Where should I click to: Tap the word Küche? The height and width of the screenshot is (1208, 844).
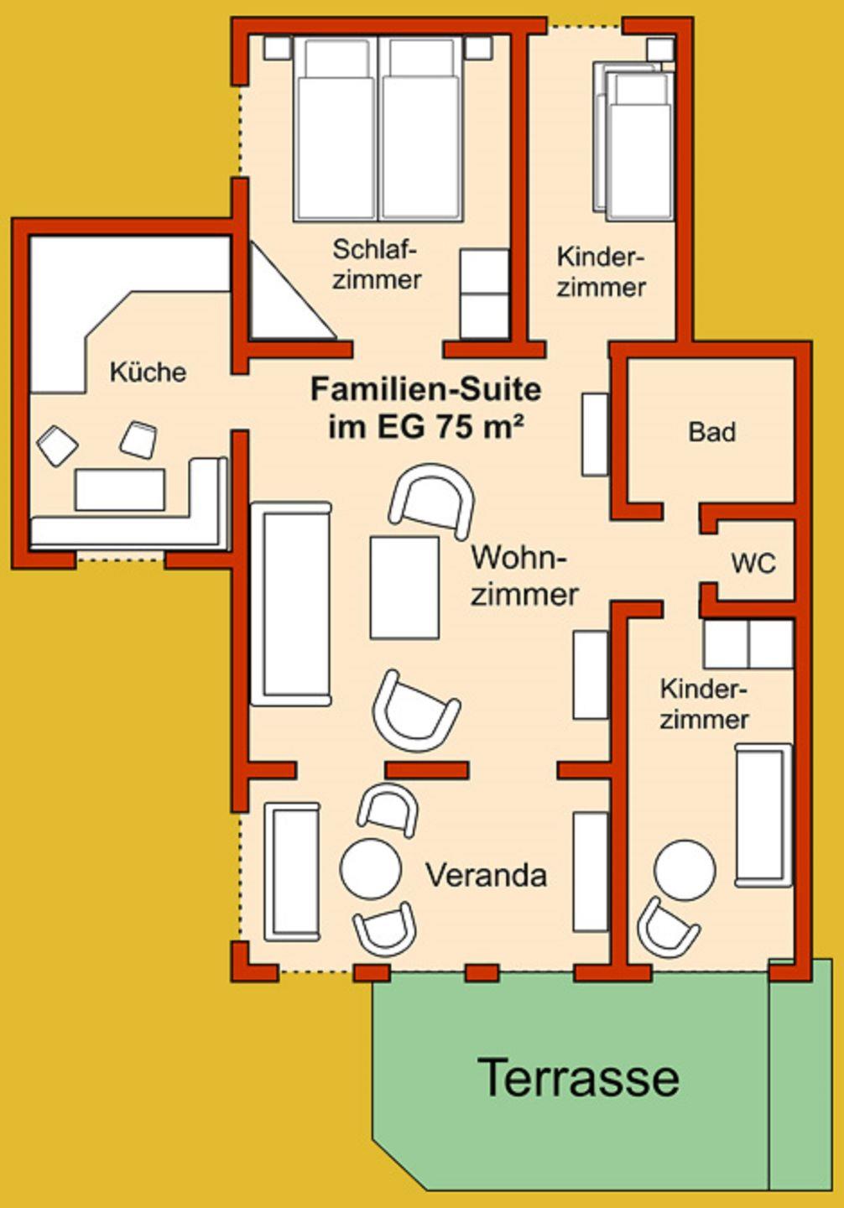148,372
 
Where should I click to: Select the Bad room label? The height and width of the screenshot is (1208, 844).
712,432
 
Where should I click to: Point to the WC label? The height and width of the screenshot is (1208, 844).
753,564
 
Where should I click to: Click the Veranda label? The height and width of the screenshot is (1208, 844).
487,875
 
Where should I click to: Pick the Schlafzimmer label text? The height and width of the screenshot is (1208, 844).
377,264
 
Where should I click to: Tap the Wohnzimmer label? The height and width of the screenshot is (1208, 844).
524,575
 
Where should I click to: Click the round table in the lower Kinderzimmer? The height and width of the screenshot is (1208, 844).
685,870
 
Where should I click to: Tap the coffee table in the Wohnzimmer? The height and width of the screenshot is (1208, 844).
404,587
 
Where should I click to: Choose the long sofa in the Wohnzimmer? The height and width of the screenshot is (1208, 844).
291,603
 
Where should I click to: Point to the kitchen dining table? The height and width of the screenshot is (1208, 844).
120,489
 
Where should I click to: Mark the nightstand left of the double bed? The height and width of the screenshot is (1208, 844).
279,48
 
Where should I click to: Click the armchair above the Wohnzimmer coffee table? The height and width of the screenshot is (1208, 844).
433,501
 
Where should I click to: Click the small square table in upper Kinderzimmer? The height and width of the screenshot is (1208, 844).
660,49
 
